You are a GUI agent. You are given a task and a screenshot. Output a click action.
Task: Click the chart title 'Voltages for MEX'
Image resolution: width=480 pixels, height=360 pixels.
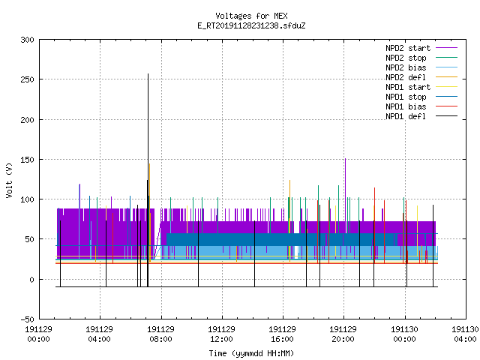tap(251, 16)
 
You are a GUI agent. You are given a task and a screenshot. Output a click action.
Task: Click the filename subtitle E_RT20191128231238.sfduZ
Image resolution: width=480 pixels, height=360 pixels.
tap(251, 25)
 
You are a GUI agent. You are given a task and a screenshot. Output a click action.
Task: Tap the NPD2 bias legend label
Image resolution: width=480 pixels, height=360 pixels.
tap(406, 67)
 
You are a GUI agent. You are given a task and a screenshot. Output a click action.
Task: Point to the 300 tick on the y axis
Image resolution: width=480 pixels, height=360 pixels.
tap(28, 40)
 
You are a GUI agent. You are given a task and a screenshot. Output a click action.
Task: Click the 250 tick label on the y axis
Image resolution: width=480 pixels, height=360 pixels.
tap(28, 79)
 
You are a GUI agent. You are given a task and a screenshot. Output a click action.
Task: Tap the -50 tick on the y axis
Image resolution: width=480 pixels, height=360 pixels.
tap(28, 319)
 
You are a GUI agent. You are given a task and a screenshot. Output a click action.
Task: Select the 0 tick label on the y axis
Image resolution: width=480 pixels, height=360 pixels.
tap(31, 280)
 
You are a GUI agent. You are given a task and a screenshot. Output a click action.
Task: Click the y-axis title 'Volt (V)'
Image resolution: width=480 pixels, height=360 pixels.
tap(9, 181)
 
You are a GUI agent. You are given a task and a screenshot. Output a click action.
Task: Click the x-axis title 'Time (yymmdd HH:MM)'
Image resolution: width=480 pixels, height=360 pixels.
tap(251, 353)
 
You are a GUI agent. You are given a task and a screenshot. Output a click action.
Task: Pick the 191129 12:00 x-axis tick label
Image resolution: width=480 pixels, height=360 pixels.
tap(221, 334)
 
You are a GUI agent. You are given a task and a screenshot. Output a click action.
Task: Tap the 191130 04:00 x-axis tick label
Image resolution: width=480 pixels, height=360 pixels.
tap(465, 334)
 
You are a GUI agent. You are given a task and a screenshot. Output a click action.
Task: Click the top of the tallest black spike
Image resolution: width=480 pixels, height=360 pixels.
tap(148, 73)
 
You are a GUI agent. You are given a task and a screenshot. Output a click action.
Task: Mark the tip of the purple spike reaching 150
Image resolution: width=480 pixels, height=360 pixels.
tap(345, 158)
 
